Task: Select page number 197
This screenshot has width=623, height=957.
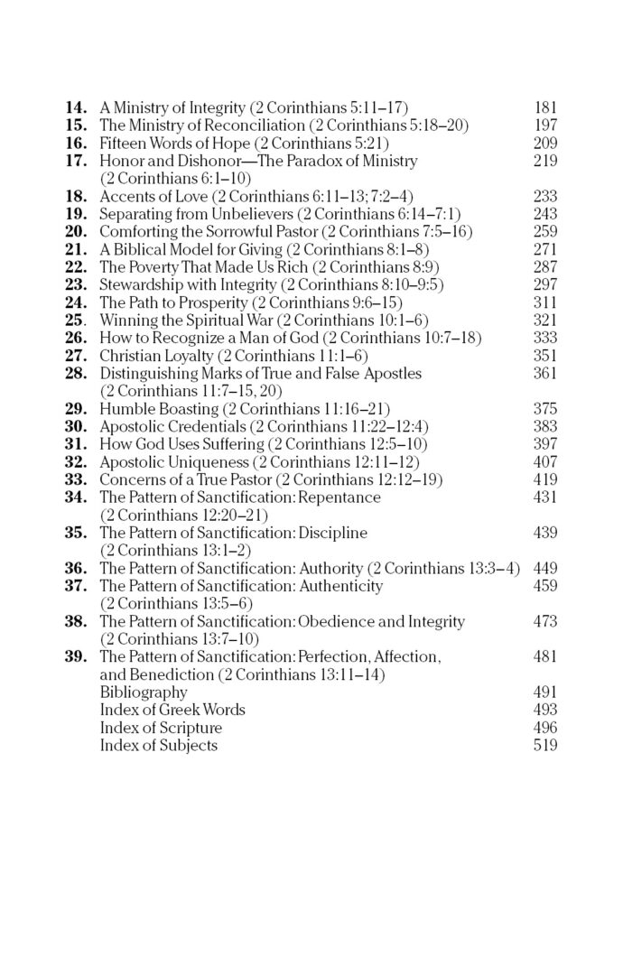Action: pos(545,125)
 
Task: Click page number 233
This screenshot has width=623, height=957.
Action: pos(545,196)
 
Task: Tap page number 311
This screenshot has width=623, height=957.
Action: pos(545,302)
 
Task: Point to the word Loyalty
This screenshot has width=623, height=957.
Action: pos(187,355)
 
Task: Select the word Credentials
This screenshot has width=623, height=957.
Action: pos(209,426)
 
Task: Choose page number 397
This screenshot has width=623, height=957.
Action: pos(545,443)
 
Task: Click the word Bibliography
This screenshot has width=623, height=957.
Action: pos(144,692)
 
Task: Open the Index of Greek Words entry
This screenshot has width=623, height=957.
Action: pos(172,710)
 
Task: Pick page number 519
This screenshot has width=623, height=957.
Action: pos(545,745)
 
